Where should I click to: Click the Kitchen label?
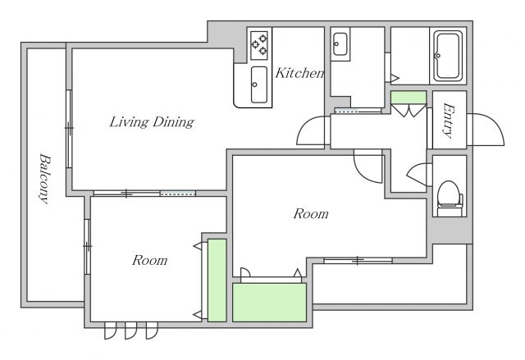tap(299, 73)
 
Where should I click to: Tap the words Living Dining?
tap(152, 122)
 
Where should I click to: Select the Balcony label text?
tap(45, 178)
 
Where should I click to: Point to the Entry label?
tap(449, 121)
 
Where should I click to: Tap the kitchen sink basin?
tap(259, 84)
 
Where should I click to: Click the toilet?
tap(450, 198)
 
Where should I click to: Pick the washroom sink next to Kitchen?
tap(340, 44)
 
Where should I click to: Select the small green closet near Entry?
tap(409, 98)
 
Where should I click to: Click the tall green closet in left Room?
tap(217, 280)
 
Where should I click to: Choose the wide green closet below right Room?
tap(270, 303)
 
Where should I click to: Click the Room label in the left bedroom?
tap(149, 260)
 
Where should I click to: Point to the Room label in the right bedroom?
tap(311, 214)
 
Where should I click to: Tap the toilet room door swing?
tap(417, 174)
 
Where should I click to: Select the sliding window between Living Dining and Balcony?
tap(69, 129)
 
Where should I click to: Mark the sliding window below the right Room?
tap(358, 260)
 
